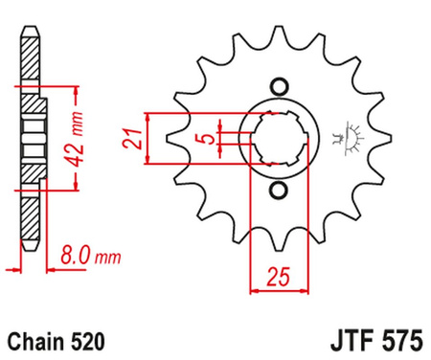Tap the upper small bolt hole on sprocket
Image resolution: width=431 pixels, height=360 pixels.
pos(280,83)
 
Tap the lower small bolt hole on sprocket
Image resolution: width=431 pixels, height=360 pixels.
pos(279,194)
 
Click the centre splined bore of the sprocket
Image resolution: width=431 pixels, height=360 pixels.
pos(279,139)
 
